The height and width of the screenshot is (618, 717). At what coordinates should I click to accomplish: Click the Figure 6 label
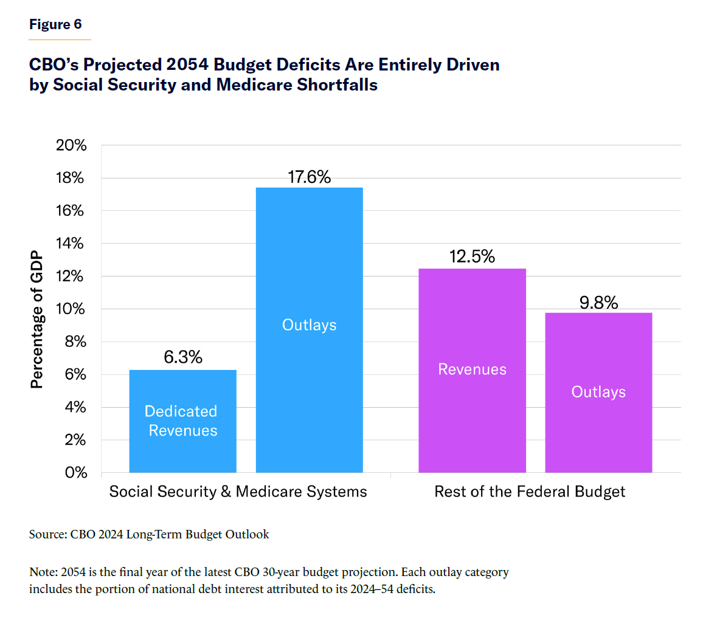click(55, 24)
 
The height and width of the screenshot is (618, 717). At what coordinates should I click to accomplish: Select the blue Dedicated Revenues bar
click(182, 421)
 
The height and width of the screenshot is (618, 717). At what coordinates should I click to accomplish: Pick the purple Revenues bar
click(472, 370)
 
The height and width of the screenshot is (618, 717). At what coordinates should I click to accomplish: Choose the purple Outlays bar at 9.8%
click(598, 393)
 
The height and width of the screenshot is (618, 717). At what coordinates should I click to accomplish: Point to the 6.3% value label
click(183, 357)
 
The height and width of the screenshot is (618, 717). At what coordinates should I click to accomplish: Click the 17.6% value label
click(309, 177)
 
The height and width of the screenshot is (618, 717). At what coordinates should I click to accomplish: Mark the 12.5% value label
click(472, 256)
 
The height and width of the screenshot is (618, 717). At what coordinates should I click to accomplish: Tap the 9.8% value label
click(598, 303)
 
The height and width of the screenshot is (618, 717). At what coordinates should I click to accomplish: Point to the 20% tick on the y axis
click(71, 145)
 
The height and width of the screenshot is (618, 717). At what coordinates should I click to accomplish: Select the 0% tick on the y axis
click(76, 472)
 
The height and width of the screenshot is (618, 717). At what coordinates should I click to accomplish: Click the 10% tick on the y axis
click(71, 309)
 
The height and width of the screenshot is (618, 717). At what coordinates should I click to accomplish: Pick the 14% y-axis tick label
click(71, 243)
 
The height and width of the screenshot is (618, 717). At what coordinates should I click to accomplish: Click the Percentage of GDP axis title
click(37, 319)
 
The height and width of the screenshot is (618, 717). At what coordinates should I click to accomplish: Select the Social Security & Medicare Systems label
click(238, 492)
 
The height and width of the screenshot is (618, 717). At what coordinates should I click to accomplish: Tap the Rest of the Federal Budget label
click(530, 492)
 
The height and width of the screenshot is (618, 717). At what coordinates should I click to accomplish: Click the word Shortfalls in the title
click(338, 84)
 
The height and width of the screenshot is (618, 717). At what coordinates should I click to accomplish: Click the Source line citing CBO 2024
click(149, 534)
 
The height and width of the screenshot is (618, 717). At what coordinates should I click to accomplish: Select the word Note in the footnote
click(42, 572)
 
